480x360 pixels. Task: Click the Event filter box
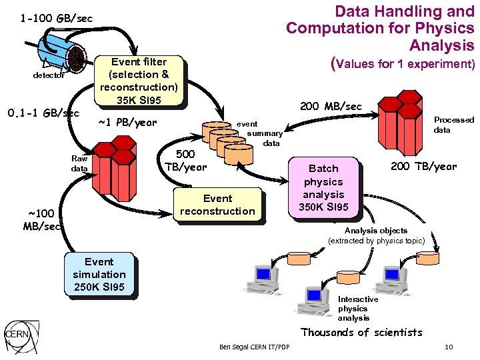[x=139, y=81]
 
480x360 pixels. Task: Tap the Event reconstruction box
[x=217, y=205]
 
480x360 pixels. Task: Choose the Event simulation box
[x=99, y=275]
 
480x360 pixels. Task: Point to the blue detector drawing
[x=60, y=54]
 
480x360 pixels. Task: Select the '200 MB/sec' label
[x=331, y=107]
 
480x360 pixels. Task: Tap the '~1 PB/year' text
[x=127, y=122]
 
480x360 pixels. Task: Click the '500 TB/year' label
[x=185, y=161]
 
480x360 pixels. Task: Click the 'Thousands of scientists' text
[x=361, y=332]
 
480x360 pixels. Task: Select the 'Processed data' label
[x=453, y=125]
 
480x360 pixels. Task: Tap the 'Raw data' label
[x=79, y=163]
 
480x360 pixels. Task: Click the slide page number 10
[x=448, y=347]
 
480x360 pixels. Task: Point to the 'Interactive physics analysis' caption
[x=357, y=308]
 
